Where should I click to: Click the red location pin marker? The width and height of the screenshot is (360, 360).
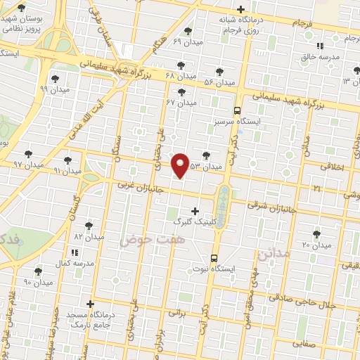181,165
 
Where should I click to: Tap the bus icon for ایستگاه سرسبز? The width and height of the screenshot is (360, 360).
237,110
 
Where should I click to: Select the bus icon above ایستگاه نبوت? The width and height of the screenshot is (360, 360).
214,257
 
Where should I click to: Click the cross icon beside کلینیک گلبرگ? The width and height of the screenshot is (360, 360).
195,210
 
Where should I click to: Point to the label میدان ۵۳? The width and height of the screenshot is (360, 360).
206,167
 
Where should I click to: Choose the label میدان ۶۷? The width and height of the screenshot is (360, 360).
181,103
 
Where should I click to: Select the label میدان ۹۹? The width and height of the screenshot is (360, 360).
54,89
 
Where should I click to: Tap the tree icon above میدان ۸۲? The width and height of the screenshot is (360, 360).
89,225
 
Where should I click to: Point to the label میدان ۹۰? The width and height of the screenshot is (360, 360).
38,282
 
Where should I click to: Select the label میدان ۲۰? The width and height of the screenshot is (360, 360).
316,245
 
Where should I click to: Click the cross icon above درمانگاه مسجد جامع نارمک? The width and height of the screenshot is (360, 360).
89,304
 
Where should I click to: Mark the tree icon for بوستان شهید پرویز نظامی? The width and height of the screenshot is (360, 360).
21,8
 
